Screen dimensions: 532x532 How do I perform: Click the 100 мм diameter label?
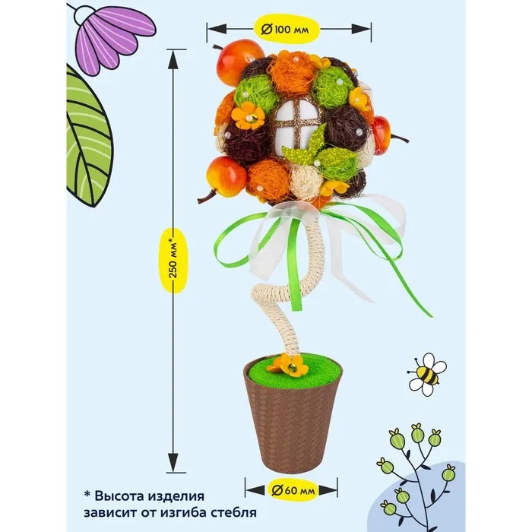pos(289,30)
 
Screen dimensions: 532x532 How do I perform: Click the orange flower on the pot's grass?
pos(292,366)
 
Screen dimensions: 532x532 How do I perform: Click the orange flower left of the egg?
pos(247,116)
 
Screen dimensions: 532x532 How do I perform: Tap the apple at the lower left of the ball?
pos(227,176)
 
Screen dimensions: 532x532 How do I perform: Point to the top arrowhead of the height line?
pos(176,62)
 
